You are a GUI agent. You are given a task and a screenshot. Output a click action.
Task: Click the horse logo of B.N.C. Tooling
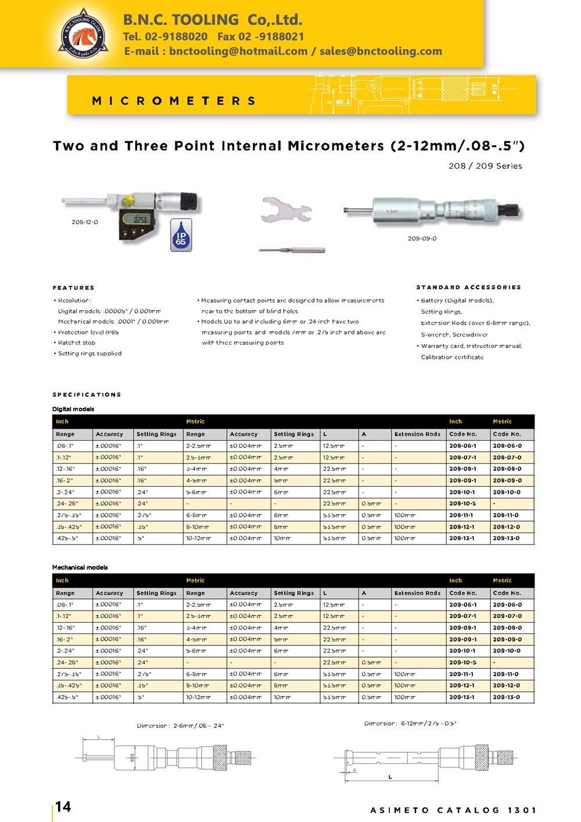click(84, 34)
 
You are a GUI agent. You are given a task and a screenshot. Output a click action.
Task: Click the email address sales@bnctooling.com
click(381, 51)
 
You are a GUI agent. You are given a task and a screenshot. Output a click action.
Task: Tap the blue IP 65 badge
click(181, 235)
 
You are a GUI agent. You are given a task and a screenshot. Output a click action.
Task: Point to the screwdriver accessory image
click(292, 250)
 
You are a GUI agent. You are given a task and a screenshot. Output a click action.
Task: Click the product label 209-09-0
click(422, 238)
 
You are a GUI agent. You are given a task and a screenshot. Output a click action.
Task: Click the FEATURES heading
click(73, 288)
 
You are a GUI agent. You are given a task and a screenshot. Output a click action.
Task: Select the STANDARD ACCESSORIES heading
click(468, 287)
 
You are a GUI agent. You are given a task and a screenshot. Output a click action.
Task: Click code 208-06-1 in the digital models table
click(462, 446)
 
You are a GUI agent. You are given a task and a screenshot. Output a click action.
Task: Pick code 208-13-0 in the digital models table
click(506, 539)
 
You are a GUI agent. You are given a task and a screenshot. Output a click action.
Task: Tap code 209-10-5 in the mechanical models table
click(462, 662)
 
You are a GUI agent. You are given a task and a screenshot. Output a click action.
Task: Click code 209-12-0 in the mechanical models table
click(506, 685)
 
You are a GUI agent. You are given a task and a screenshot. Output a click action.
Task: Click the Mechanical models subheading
click(80, 568)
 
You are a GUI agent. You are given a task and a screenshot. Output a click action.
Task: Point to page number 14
click(63, 806)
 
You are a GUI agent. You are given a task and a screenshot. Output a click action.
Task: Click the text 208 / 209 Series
click(485, 166)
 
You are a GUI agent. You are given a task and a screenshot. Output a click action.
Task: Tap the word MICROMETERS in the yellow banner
click(174, 101)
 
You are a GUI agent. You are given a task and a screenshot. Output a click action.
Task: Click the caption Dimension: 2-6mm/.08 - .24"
click(180, 726)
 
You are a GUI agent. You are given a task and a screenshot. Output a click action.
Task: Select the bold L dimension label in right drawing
click(390, 777)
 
